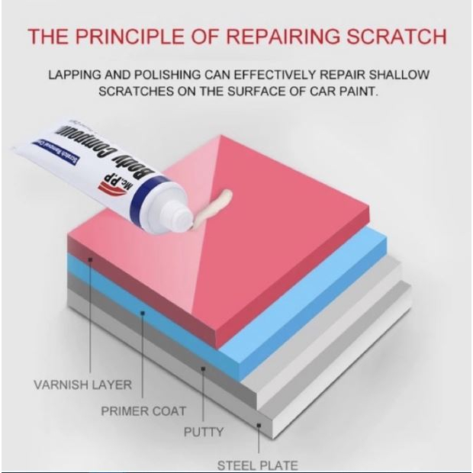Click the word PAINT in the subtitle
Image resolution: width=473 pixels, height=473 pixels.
click(359, 92)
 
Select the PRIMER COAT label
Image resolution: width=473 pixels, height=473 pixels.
click(143, 411)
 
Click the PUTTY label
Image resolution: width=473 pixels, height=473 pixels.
click(204, 433)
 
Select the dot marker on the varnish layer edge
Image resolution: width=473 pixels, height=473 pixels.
click(91, 260)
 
